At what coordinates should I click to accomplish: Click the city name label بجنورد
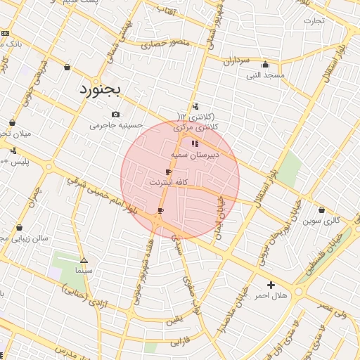tap(101, 89)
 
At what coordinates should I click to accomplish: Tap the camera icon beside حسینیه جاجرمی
tap(115, 115)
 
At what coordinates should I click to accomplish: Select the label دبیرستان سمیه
tap(195, 153)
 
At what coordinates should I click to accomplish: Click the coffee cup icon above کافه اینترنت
tap(167, 172)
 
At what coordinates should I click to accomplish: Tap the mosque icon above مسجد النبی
tap(264, 65)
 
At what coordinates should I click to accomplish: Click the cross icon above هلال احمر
tap(271, 285)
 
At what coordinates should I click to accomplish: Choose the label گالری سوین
tap(321, 220)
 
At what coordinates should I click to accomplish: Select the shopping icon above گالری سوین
tap(321, 210)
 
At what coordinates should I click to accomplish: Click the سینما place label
tap(84, 269)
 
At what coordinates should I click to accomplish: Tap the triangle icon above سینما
tap(84, 259)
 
